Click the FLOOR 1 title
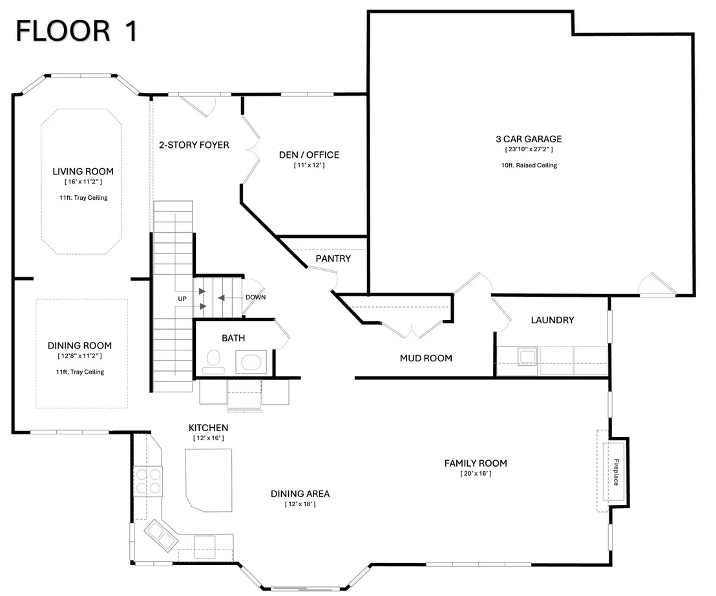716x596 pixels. pyautogui.click(x=77, y=32)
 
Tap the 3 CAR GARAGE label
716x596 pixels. pyautogui.click(x=529, y=139)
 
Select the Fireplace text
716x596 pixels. pyautogui.click(x=616, y=473)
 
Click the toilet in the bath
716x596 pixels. pyautogui.click(x=213, y=361)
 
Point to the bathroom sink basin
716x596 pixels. pyautogui.click(x=251, y=363)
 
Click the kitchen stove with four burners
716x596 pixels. pyautogui.click(x=148, y=482)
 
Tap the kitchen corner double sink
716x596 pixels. pyautogui.click(x=161, y=535)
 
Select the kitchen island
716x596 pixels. pyautogui.click(x=209, y=480)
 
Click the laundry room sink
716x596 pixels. pyautogui.click(x=527, y=356)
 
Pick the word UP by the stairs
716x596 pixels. pyautogui.click(x=182, y=299)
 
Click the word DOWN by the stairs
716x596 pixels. pyautogui.click(x=255, y=297)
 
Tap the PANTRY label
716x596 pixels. pyautogui.click(x=333, y=259)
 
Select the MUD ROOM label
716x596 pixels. pyautogui.click(x=426, y=358)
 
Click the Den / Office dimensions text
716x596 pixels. pyautogui.click(x=309, y=165)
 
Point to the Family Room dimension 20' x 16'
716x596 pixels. pyautogui.click(x=476, y=474)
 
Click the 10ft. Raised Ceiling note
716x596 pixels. pyautogui.click(x=529, y=165)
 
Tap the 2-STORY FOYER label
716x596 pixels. pyautogui.click(x=194, y=145)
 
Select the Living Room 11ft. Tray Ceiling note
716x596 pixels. pyautogui.click(x=83, y=198)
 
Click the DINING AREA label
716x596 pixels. pyautogui.click(x=300, y=494)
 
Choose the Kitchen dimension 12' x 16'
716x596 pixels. pyautogui.click(x=209, y=438)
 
